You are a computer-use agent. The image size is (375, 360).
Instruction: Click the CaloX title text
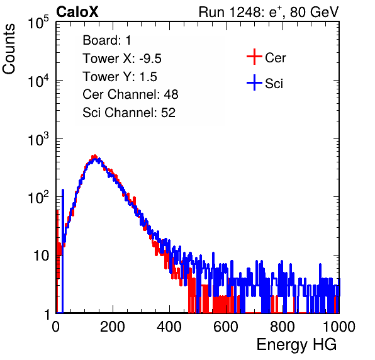click(77, 12)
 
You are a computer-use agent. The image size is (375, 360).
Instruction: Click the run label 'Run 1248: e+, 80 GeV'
click(269, 12)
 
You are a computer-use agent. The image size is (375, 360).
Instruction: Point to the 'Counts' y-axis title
click(9, 49)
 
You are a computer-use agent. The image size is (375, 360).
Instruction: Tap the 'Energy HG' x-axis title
click(296, 345)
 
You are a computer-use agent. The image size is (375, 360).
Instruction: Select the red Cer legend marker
click(254, 57)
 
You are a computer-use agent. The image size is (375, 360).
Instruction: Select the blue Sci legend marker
click(254, 82)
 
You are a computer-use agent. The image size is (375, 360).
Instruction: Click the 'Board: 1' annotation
click(107, 40)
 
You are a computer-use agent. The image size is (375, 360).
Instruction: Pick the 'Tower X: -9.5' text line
click(122, 59)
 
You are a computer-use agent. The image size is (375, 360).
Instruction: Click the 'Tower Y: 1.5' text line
click(120, 77)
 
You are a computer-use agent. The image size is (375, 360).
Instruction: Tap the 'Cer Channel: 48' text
click(130, 94)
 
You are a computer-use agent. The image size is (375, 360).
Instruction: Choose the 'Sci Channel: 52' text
click(129, 113)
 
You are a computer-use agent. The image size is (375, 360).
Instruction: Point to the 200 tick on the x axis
click(113, 327)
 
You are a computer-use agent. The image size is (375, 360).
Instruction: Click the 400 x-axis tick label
click(169, 327)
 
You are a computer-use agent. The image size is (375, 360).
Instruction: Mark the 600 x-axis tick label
click(226, 327)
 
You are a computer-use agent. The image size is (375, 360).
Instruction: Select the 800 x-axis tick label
click(283, 327)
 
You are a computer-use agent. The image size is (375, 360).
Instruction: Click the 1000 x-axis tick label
click(339, 327)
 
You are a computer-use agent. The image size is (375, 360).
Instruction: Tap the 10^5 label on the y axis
click(38, 23)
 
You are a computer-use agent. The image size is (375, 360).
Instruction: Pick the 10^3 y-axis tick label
click(38, 139)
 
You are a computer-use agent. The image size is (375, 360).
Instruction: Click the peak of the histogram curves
click(95, 157)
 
